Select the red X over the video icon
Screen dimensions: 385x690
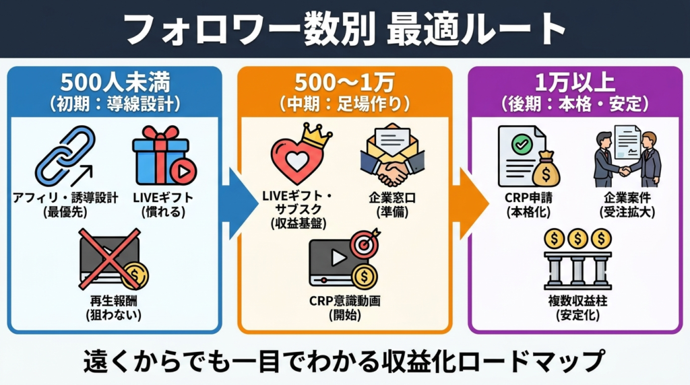[x=110, y=259]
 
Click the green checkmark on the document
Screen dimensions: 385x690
[x=520, y=144]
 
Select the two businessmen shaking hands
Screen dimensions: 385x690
[x=626, y=158]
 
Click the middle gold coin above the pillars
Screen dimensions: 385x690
[x=577, y=238]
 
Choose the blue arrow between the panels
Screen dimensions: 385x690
[x=232, y=203]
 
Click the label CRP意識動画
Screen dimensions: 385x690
[x=344, y=301]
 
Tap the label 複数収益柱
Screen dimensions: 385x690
[x=577, y=301]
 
